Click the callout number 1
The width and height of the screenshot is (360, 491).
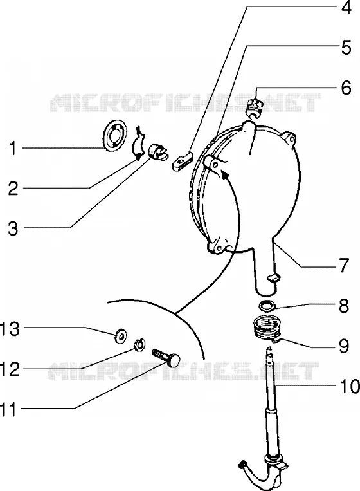[12, 148]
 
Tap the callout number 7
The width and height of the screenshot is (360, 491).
[345, 266]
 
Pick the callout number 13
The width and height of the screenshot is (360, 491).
[10, 329]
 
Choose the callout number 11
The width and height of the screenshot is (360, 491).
[8, 409]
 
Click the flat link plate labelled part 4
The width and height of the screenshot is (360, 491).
[183, 161]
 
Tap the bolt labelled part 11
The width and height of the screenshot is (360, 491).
[166, 358]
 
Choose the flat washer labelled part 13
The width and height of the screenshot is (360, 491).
[120, 336]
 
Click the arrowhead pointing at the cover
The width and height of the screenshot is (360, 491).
[224, 173]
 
